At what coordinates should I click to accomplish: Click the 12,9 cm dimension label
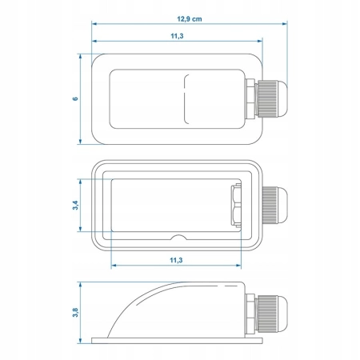click(190, 19)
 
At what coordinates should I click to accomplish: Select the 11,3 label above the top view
click(177, 36)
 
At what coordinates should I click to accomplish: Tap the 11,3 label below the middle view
click(176, 260)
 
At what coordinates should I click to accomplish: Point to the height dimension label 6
click(75, 98)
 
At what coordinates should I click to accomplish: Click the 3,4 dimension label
click(75, 205)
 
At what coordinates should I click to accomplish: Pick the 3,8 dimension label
click(75, 312)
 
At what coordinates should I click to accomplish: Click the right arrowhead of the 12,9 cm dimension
click(285, 24)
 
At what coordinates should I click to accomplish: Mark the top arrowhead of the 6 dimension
click(80, 57)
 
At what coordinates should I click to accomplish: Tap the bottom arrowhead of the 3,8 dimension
click(80, 341)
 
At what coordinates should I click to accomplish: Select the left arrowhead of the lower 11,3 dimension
click(114, 266)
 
